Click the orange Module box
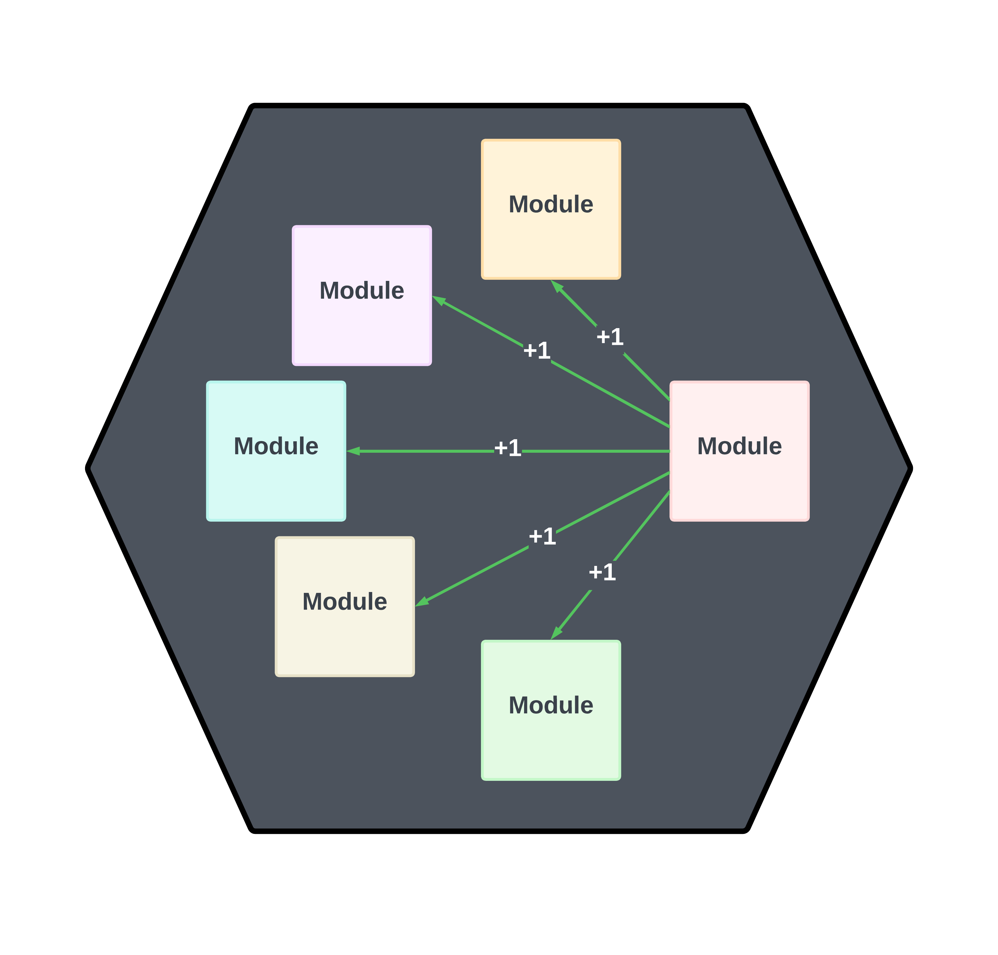pyautogui.click(x=551, y=239)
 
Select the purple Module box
pyautogui.click(x=362, y=326)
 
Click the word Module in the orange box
pyautogui.click(x=551, y=204)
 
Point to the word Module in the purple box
pyautogui.click(x=362, y=291)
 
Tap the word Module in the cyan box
pyautogui.click(x=276, y=446)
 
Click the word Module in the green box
pyautogui.click(x=551, y=705)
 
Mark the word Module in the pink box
pyautogui.click(x=739, y=446)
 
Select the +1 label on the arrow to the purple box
pyautogui.click(x=537, y=350)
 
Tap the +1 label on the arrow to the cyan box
pyautogui.click(x=508, y=448)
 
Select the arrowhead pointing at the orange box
pyautogui.click(x=557, y=286)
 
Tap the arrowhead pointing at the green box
pyautogui.click(x=556, y=633)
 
